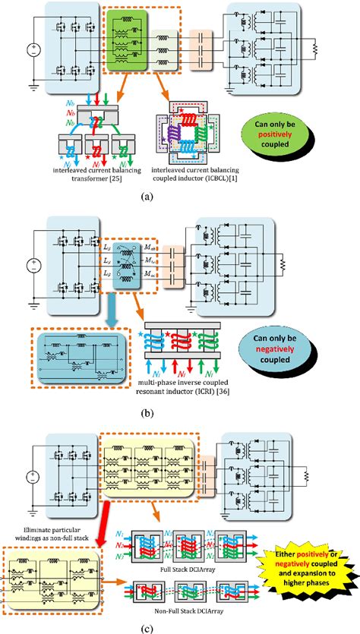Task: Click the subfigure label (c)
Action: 179,626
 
